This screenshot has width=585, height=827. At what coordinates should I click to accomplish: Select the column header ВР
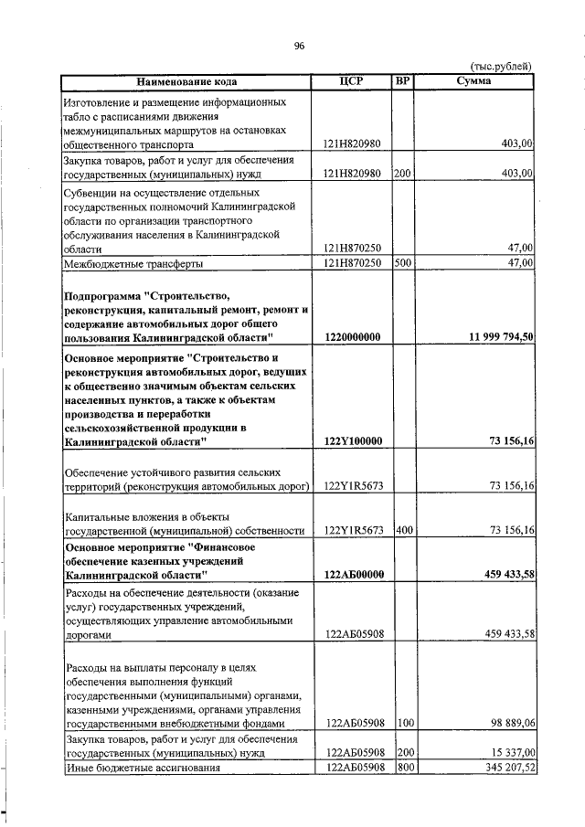[x=402, y=81]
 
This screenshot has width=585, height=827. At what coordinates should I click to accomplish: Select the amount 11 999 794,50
[x=501, y=337]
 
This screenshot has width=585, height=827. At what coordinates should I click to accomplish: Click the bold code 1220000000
[x=352, y=337]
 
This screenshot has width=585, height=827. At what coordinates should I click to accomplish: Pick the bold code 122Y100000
[x=352, y=441]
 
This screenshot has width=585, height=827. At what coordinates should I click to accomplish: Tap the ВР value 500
[x=402, y=263]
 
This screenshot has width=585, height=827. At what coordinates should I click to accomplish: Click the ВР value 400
[x=402, y=530]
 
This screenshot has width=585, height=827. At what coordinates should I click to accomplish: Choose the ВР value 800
[x=402, y=767]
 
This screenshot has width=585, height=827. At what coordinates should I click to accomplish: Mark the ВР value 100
[x=402, y=722]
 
